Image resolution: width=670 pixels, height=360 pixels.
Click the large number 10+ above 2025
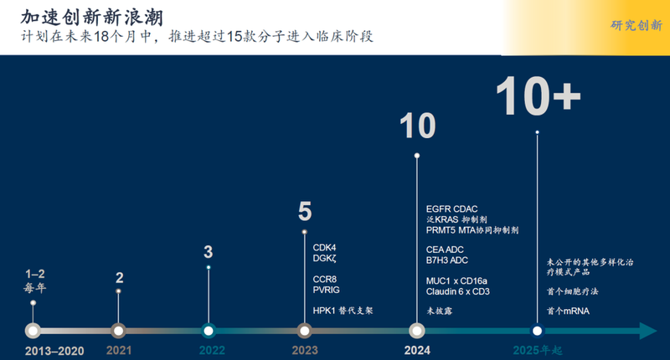click(538, 98)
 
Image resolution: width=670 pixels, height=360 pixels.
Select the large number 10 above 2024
click(416, 126)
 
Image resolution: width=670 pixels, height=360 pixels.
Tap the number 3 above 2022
click(209, 251)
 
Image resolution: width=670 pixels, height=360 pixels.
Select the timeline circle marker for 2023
click(305, 331)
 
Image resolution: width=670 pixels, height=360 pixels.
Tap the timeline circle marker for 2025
click(537, 331)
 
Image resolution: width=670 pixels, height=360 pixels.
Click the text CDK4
click(325, 247)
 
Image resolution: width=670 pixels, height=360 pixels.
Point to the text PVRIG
click(327, 290)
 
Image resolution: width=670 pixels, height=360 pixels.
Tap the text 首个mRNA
click(568, 311)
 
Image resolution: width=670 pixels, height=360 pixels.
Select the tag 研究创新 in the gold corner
click(636, 26)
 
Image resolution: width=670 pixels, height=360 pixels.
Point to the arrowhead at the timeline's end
click(648, 331)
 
